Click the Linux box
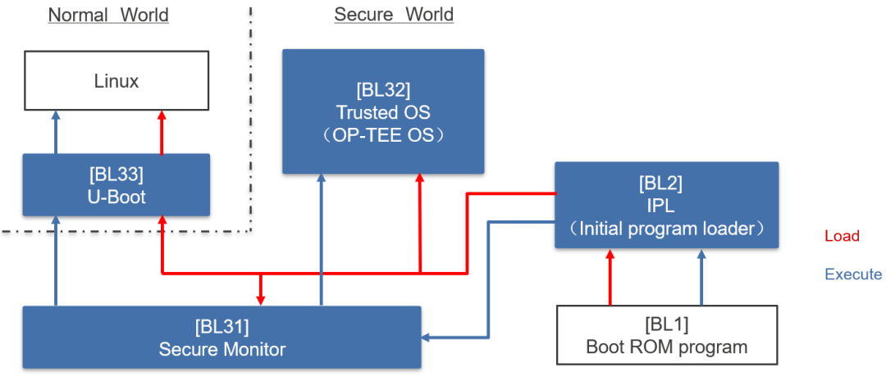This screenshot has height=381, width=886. coord(116,81)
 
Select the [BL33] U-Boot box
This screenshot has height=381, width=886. coord(116,185)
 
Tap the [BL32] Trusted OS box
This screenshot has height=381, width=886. coord(383,111)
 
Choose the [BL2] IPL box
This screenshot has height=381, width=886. coord(666,205)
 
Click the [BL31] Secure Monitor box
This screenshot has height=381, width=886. coord(221,337)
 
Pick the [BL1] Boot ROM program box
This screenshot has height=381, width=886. coord(666,335)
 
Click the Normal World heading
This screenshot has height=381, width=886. coord(108,15)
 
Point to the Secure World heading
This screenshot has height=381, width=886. coord(394,15)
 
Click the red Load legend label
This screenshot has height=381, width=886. coord(842,237)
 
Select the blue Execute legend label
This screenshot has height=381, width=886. coord(853,274)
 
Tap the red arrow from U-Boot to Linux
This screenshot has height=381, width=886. coord(162,133)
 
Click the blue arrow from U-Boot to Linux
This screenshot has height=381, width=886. coord(56,133)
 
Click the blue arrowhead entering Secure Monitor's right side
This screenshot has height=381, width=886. coord(427,337)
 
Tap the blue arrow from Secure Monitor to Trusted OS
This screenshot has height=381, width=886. coord(321,238)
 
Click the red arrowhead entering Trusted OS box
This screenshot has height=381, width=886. coord(420,179)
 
